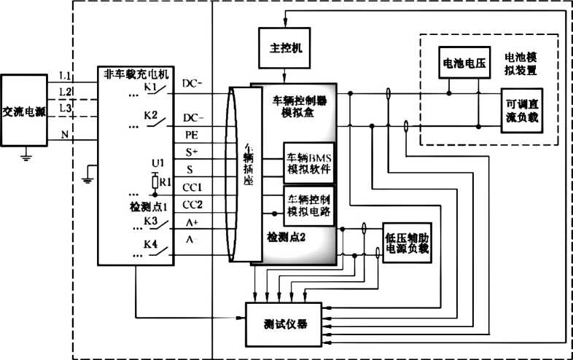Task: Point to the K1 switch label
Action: (x=151, y=87)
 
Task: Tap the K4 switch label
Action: (x=151, y=244)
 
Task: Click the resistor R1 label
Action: (x=166, y=181)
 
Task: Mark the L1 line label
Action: (x=66, y=75)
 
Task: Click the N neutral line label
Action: (x=65, y=133)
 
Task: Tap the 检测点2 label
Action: (x=287, y=238)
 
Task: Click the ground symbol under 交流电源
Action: (x=27, y=154)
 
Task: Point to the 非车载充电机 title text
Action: (x=138, y=74)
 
